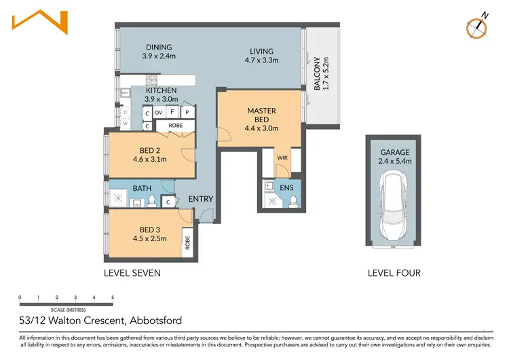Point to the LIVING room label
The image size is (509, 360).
pyautogui.click(x=261, y=51)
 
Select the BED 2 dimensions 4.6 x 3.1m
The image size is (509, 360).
pyautogui.click(x=150, y=160)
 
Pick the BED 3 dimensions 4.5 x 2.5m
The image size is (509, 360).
pyautogui.click(x=149, y=238)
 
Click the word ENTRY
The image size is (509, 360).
pyautogui.click(x=201, y=199)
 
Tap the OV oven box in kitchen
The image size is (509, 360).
pyautogui.click(x=158, y=112)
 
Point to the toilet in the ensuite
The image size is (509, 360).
pyautogui.click(x=293, y=200)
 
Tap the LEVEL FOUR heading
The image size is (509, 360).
pyautogui.click(x=394, y=273)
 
